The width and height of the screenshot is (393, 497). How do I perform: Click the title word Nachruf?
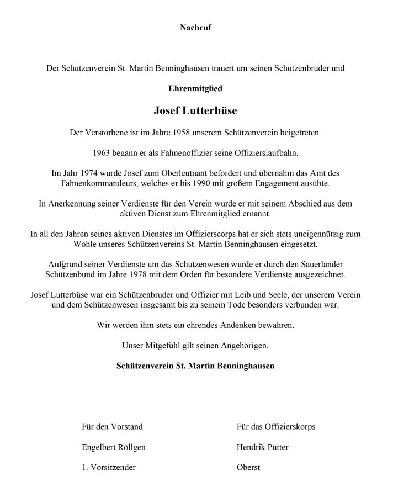tap(196, 27)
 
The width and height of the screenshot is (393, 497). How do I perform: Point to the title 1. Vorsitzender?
tap(108, 467)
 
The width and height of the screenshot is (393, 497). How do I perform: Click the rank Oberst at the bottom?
tap(247, 467)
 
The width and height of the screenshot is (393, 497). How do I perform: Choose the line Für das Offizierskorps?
tap(275, 426)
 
